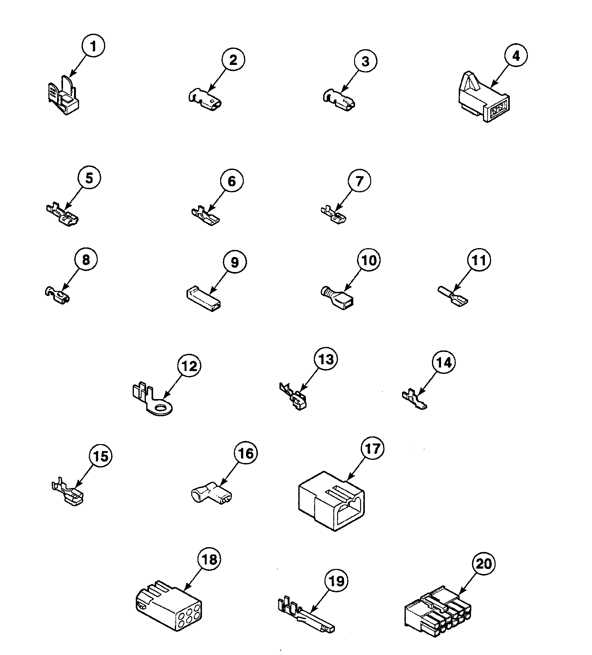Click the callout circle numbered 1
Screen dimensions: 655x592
(x=93, y=46)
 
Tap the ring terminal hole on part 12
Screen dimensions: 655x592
(x=160, y=408)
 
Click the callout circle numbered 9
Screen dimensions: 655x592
(x=234, y=262)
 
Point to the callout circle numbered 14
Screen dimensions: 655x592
(x=444, y=362)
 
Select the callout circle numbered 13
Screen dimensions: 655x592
(x=326, y=359)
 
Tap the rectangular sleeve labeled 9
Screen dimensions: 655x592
(x=204, y=298)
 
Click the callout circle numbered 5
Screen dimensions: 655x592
(x=89, y=178)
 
